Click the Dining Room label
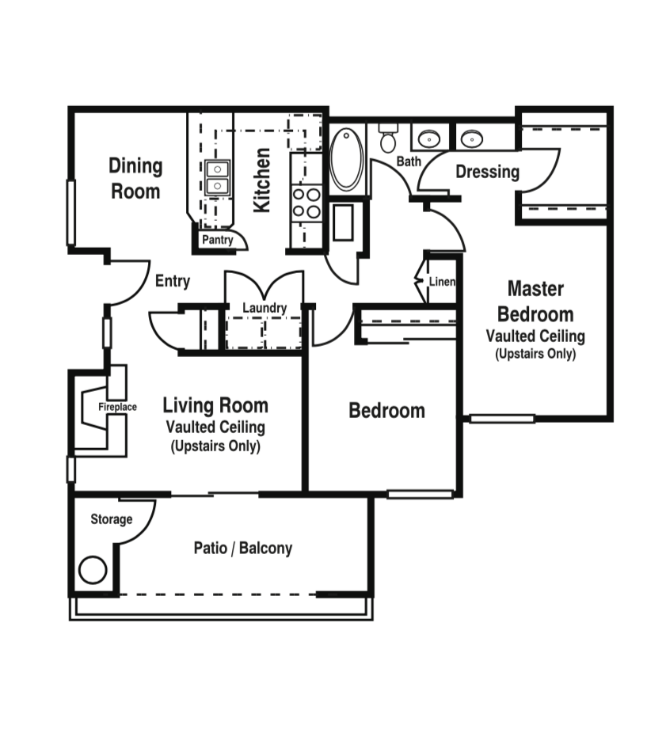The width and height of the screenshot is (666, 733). point(135,178)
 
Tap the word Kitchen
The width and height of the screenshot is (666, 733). point(261,180)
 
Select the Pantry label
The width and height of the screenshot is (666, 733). point(217,240)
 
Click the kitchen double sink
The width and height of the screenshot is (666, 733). point(217,177)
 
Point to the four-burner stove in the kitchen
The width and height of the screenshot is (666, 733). point(307,203)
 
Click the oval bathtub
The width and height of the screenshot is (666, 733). point(346,160)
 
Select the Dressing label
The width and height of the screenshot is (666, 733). point(487,172)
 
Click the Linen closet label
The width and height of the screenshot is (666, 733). point(442,282)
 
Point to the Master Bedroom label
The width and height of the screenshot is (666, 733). point(535,301)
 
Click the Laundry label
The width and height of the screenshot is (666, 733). point(264,308)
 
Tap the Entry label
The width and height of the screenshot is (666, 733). point(173,281)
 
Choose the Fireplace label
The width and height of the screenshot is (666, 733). point(117,407)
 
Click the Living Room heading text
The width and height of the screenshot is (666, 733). point(215,406)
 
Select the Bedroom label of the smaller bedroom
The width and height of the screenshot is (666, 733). point(386,411)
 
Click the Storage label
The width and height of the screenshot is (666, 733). point(111,519)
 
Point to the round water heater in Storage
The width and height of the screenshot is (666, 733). point(93,570)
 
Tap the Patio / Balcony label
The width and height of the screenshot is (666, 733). point(243,548)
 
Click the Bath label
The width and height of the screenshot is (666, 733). point(409,161)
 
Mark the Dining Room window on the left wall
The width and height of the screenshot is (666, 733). point(70,212)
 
